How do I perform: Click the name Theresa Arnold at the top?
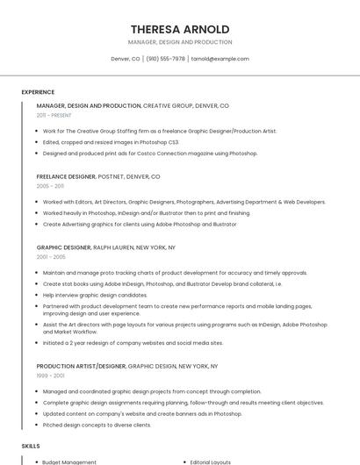(180, 29)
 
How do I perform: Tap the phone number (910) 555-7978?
(166, 59)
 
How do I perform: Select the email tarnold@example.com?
(220, 59)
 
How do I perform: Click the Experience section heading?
(38, 92)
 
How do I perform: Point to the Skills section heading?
(31, 446)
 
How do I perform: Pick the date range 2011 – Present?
(54, 115)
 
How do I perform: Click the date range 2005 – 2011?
(50, 186)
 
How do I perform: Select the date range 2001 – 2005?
(51, 257)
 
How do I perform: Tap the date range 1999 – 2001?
(50, 376)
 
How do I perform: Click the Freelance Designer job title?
(66, 176)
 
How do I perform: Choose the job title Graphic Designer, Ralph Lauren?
(105, 247)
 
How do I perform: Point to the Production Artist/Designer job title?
(82, 366)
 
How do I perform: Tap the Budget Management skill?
(69, 461)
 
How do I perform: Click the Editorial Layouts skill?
(210, 461)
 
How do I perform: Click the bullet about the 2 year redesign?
(133, 343)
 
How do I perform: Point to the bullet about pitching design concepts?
(97, 426)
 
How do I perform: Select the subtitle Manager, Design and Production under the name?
(180, 42)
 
